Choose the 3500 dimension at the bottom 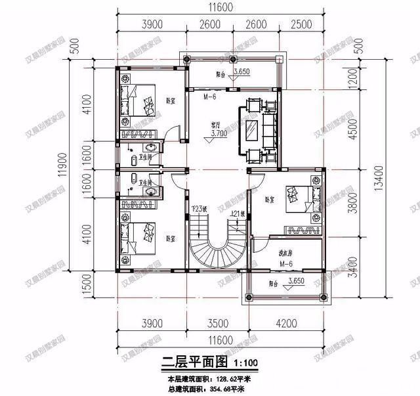pos(217,323)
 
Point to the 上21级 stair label pos(237,214)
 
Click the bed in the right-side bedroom pos(301,197)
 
